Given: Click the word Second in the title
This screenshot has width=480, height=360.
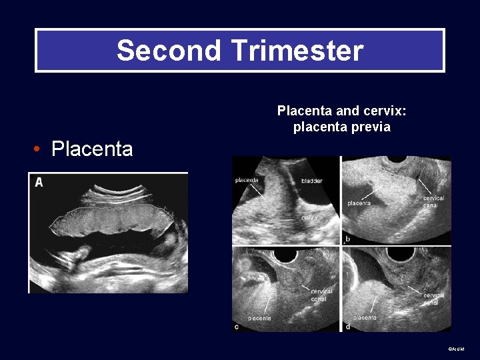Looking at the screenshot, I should point(159,51).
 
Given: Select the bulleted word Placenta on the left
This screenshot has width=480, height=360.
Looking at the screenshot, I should point(92,149).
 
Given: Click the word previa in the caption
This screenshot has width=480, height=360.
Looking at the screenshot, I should point(367,127).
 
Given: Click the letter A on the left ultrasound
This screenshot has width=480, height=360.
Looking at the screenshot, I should point(39,182).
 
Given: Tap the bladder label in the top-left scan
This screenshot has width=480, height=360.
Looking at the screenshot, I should point(311,181).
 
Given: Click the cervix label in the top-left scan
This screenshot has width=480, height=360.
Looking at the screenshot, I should point(309,217).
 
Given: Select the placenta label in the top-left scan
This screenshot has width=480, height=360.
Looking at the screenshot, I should point(247,179).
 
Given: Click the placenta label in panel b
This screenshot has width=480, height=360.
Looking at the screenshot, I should point(359,203).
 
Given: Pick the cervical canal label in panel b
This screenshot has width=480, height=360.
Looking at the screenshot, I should point(433,201).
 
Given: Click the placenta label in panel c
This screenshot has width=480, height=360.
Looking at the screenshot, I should point(259,318).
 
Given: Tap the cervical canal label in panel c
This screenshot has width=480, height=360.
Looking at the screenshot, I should point(321,295).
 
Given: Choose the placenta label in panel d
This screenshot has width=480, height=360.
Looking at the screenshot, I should point(365,317).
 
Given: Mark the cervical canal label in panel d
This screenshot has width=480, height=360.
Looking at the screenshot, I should point(433,299).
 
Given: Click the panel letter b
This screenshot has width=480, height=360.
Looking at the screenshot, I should point(347,238).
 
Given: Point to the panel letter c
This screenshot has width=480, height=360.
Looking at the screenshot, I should point(237,326).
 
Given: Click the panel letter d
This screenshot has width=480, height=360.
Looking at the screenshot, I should point(348,326).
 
